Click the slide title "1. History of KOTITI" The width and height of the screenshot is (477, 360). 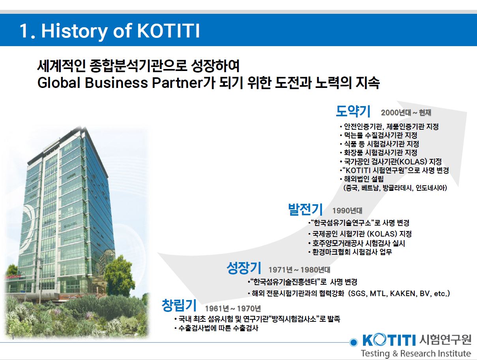(110, 31)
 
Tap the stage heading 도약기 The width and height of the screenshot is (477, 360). (353, 112)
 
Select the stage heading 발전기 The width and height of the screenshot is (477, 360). (305, 209)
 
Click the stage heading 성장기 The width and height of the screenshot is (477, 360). (244, 269)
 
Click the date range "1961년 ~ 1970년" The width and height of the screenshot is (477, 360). (233, 308)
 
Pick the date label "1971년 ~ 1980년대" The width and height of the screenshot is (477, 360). (299, 270)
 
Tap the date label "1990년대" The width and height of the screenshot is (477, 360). (347, 211)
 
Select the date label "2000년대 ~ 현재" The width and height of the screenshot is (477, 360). (406, 113)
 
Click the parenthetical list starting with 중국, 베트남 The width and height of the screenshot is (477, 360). (395, 188)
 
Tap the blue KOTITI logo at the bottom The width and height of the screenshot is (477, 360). (388, 339)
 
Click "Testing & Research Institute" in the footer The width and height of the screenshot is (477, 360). (415, 353)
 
